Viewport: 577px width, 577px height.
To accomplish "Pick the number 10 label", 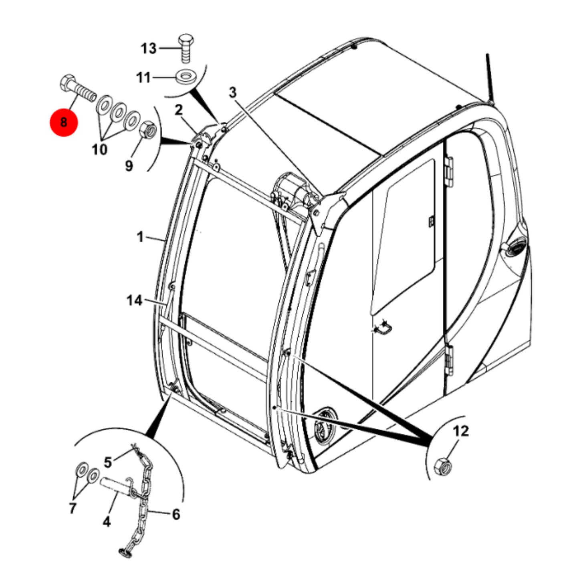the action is [x=99, y=149].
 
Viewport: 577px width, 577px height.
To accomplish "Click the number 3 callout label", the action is [x=233, y=93].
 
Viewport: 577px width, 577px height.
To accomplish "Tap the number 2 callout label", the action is [x=178, y=111].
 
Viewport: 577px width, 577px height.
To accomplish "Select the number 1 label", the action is [x=140, y=238].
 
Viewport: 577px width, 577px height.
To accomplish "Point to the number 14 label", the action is [x=135, y=301].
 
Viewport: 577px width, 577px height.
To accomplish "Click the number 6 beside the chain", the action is [x=176, y=514].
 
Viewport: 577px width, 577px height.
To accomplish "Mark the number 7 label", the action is [x=73, y=508].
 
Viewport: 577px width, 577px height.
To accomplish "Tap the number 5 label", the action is [x=108, y=462].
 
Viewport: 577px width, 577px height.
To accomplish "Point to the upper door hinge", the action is [x=448, y=172].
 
